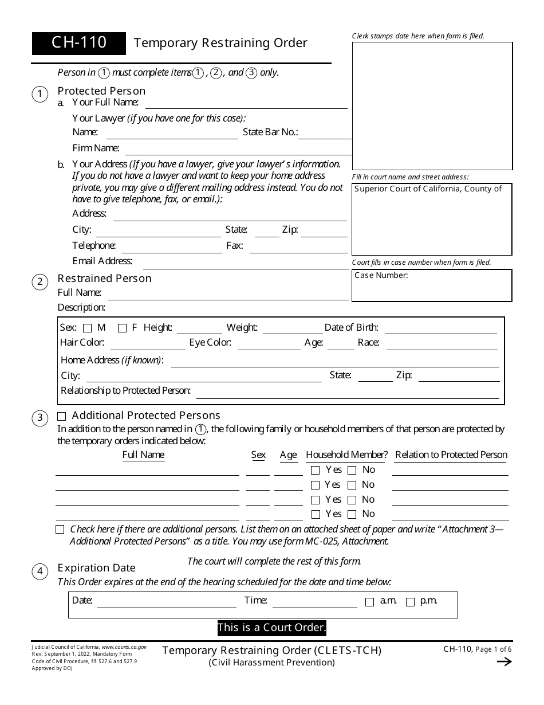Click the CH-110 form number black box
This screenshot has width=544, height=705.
pos(79,43)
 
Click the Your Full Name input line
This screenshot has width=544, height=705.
pos(246,104)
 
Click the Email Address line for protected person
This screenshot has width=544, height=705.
pos(245,263)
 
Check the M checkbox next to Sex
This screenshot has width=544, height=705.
pos(88,328)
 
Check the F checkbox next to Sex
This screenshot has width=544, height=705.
pos(122,328)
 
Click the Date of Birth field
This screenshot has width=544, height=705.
pos(441,329)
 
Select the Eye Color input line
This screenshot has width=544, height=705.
pos(269,344)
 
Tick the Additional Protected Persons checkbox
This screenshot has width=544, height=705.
pos(62,417)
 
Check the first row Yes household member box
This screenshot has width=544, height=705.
pos(315,471)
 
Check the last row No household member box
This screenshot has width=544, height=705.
pos(352,515)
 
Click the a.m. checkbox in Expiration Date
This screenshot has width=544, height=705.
pos(369,602)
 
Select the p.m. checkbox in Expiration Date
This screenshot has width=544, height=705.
pos(410,602)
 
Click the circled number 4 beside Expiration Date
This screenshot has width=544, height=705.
pos(40,571)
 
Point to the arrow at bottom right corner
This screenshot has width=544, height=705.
pos(504,662)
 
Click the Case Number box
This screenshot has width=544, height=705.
pos(432,285)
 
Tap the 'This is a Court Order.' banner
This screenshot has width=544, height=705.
pos(272,628)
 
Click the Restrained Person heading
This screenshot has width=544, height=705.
pos(105,279)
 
